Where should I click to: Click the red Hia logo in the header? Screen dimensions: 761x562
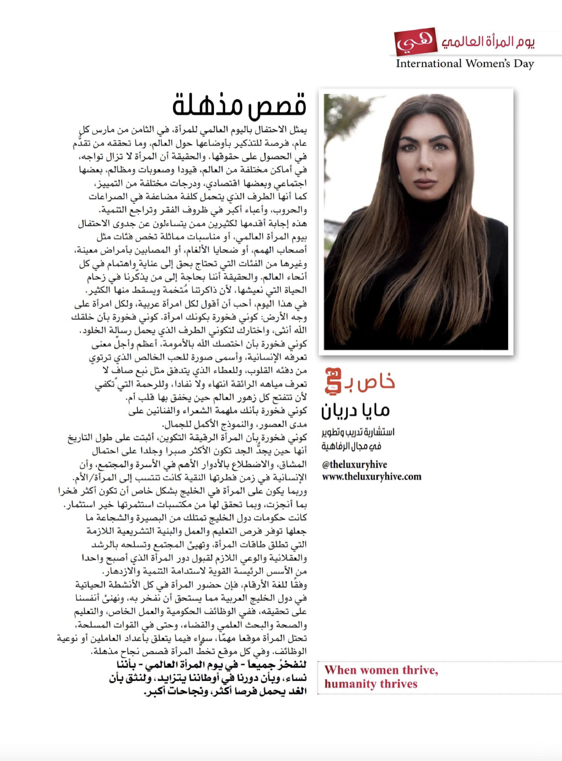point(415,42)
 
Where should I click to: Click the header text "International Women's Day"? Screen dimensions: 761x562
point(465,64)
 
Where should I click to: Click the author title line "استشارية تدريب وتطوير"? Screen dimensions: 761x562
point(358,433)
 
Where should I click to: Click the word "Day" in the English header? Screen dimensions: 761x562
point(524,64)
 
